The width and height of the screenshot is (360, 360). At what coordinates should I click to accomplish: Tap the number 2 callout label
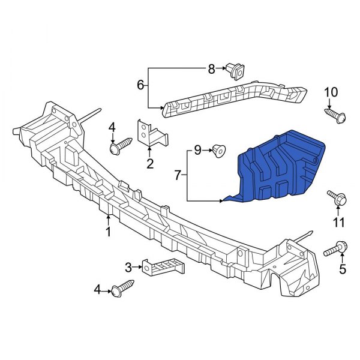149,163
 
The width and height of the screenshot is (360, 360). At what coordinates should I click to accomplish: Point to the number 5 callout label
343,269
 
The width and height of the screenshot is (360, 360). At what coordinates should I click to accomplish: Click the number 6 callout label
140,85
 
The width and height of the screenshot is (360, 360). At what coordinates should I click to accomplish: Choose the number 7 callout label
178,175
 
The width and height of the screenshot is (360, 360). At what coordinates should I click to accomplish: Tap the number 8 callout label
211,70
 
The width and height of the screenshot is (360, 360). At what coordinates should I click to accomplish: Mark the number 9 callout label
196,151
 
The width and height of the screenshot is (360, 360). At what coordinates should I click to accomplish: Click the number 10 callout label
331,92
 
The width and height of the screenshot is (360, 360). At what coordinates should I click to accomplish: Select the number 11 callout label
339,223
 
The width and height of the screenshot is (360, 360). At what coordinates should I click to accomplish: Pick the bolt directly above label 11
336,197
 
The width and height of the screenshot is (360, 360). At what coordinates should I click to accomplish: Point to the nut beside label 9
218,151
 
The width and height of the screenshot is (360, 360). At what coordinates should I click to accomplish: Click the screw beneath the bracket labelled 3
122,289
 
